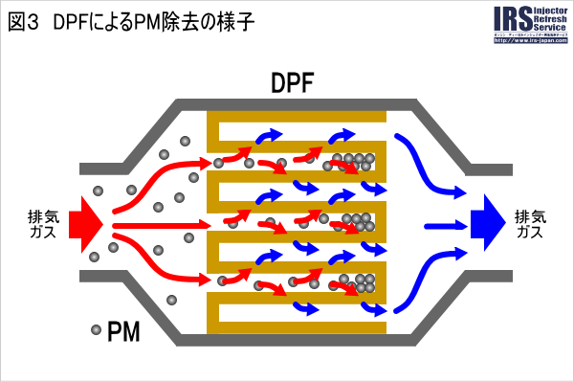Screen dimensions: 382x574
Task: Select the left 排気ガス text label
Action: [x=42, y=224]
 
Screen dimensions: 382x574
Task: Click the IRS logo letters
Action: [x=510, y=21]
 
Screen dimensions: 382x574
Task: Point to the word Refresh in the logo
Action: [x=548, y=21]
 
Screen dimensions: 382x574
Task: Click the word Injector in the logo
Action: [x=548, y=11]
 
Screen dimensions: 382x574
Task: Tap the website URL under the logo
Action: [x=529, y=45]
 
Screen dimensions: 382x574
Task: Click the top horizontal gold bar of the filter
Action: [x=297, y=117]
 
